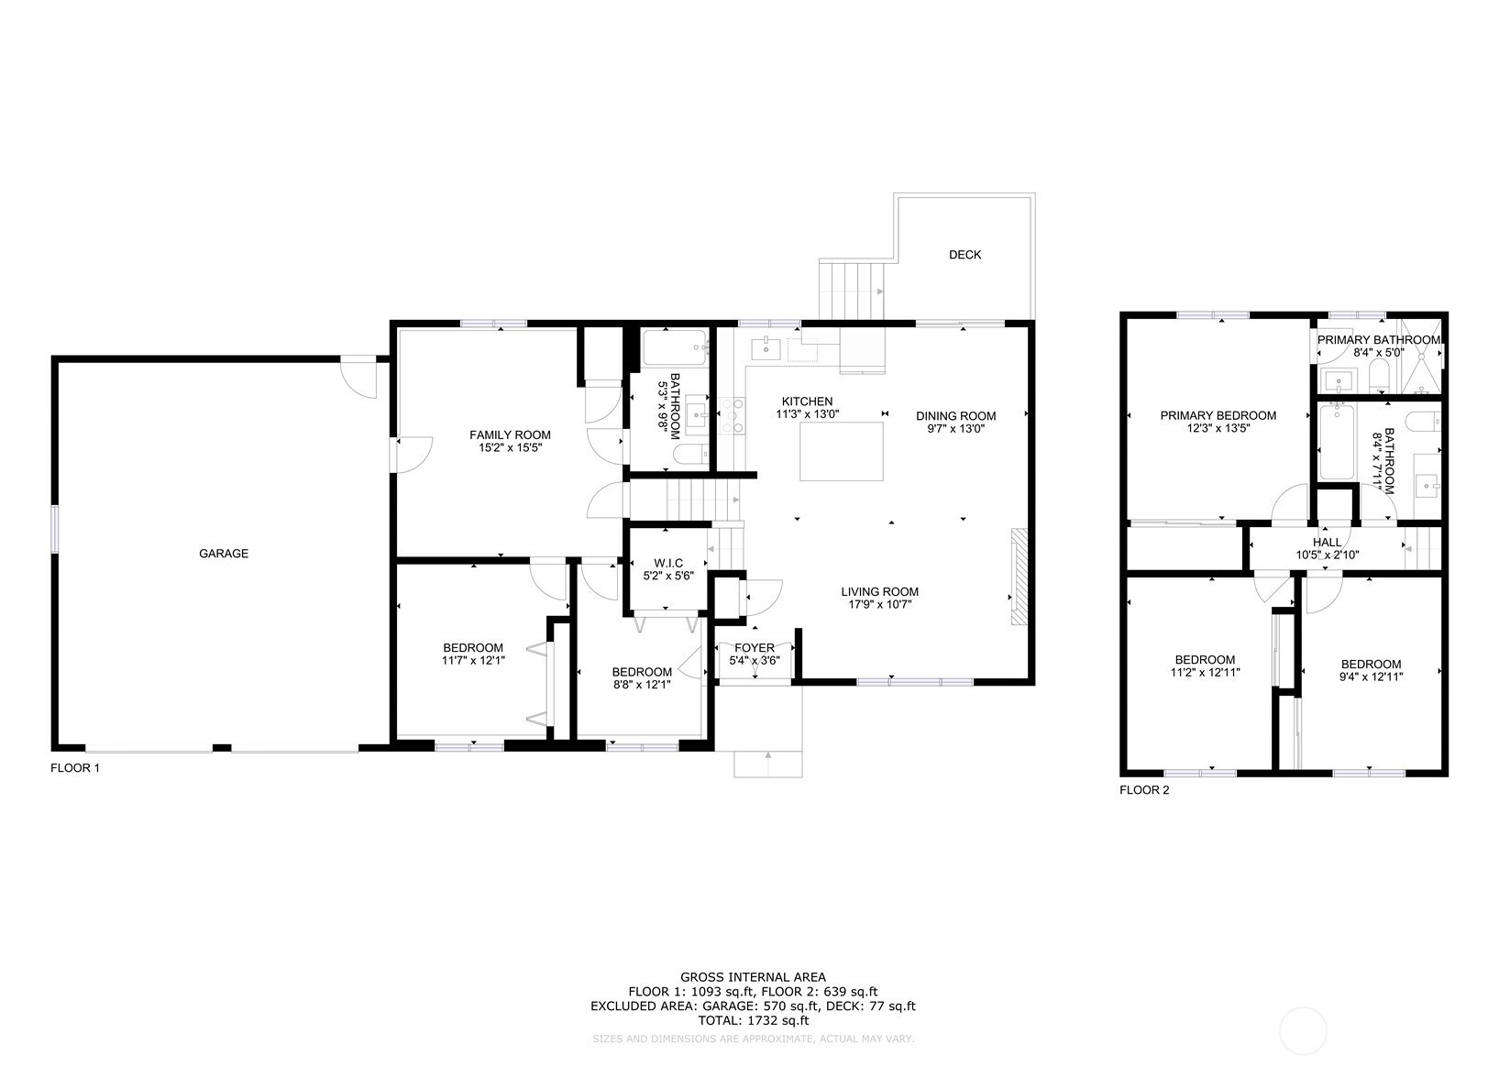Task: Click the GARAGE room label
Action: click(224, 554)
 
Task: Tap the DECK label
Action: click(964, 255)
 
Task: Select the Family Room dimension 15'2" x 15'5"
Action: click(511, 447)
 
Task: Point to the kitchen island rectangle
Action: click(842, 452)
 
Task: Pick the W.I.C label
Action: click(668, 564)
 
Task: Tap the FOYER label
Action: click(755, 648)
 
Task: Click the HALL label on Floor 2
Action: click(1327, 543)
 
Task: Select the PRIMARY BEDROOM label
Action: click(1218, 416)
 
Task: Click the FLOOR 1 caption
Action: click(75, 768)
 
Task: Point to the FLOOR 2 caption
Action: click(1144, 790)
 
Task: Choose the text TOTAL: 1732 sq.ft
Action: click(753, 1020)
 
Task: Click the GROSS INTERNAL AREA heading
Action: click(753, 976)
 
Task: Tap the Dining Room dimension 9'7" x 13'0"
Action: click(955, 429)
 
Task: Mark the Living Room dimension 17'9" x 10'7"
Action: click(880, 605)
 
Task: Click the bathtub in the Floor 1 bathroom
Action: click(674, 347)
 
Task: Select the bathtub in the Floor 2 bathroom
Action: click(1337, 442)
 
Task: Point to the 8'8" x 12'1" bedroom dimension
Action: click(642, 685)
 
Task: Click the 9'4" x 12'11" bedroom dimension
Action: click(1372, 676)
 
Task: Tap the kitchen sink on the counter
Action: click(766, 348)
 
